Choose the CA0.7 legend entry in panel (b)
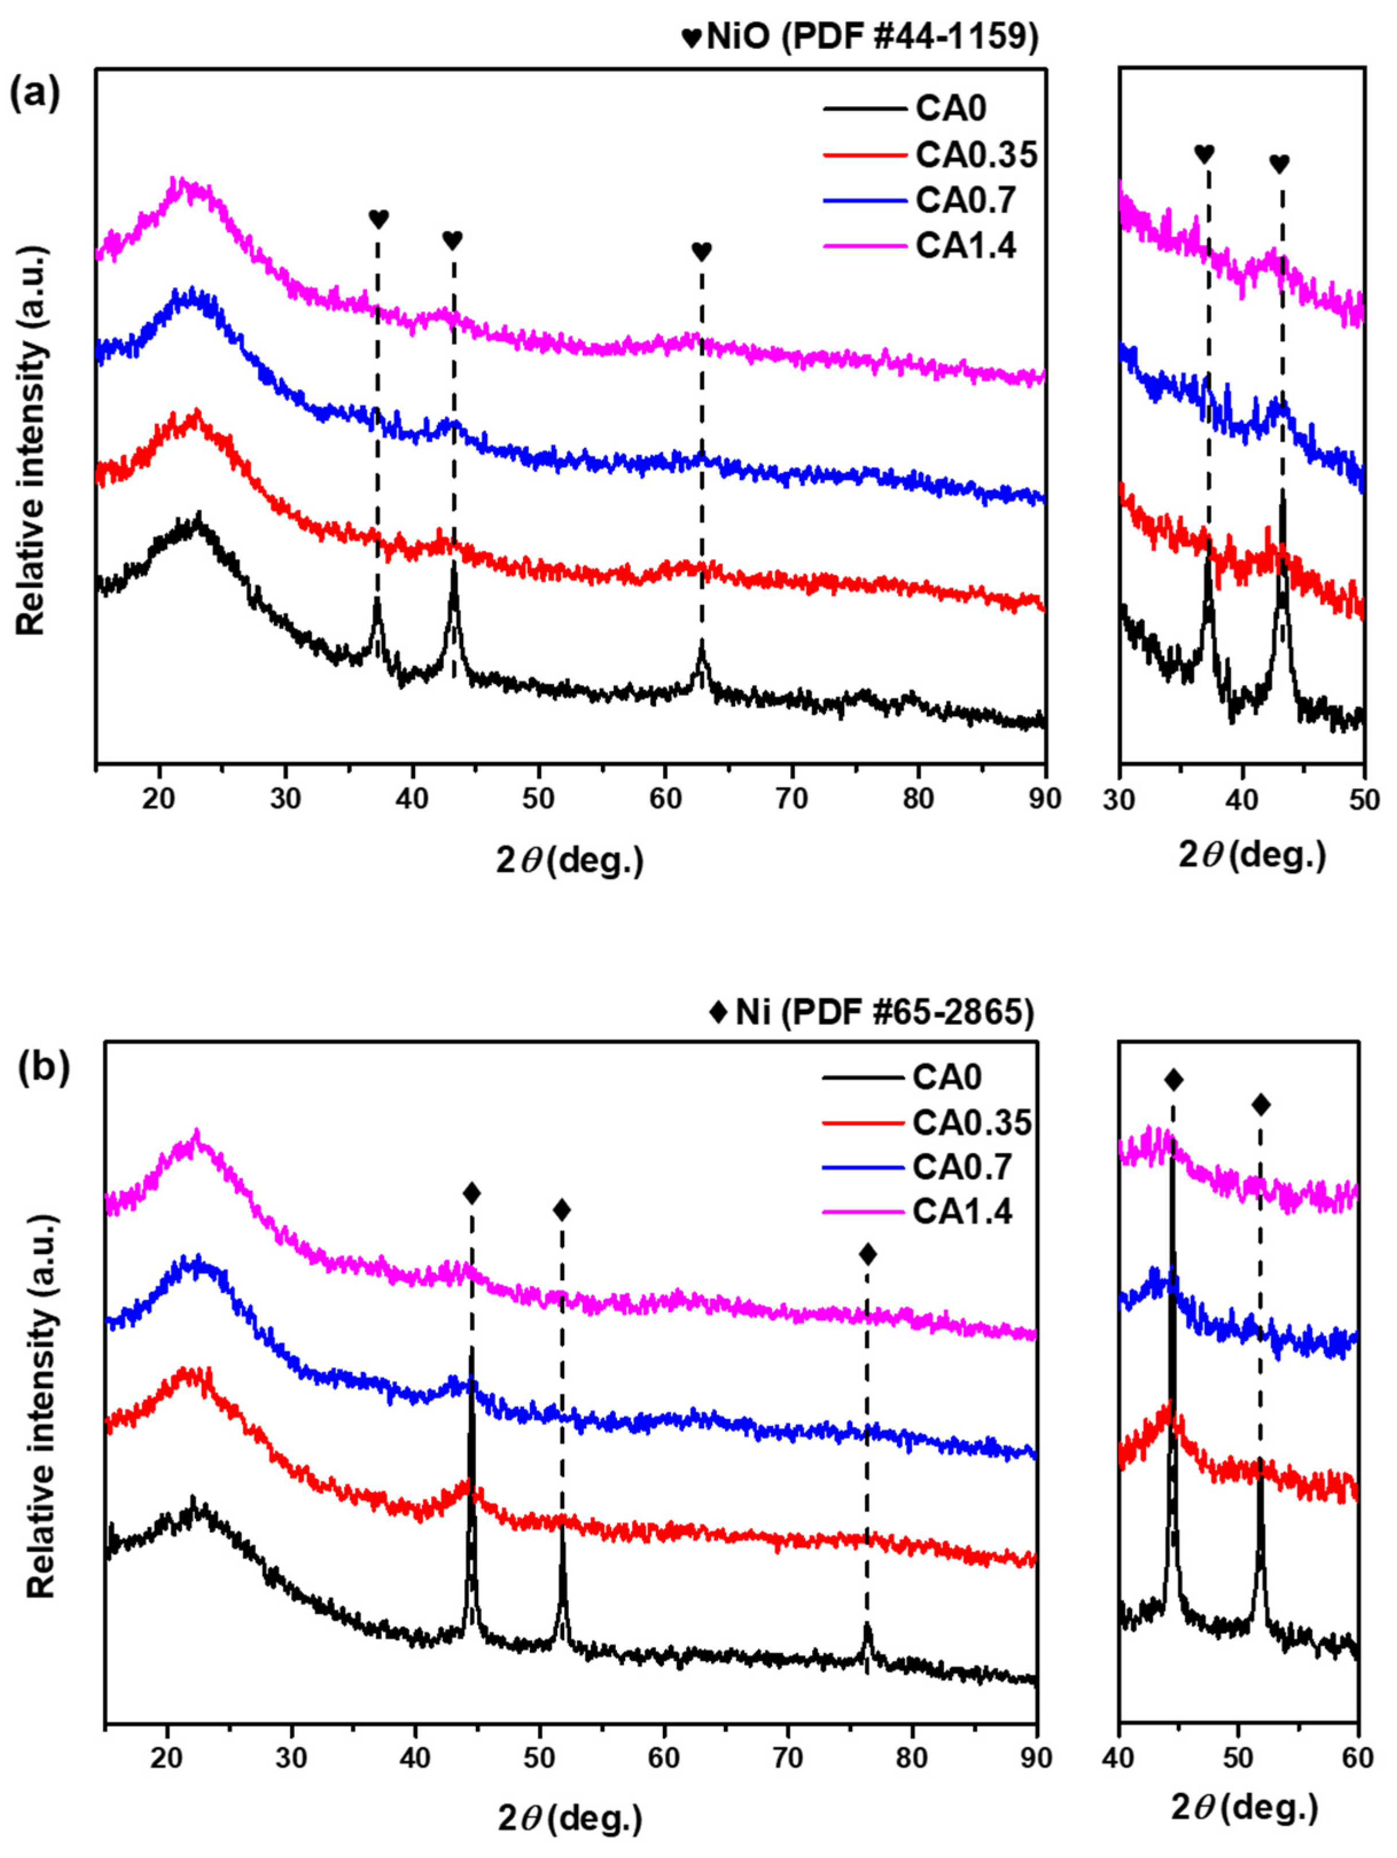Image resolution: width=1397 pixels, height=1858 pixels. coord(962,1167)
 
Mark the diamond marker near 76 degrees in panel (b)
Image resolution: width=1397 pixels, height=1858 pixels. coord(868,1254)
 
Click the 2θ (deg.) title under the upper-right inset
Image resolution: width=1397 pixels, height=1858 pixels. coord(1252,855)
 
